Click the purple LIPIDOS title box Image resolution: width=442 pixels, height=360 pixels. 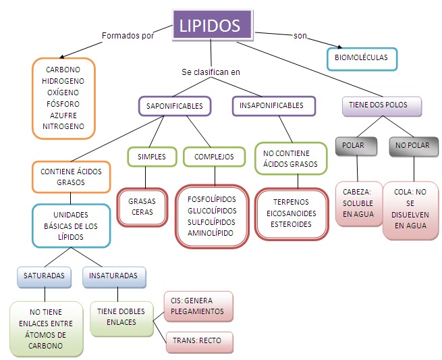(x=210, y=26)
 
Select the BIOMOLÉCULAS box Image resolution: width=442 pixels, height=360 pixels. (x=362, y=58)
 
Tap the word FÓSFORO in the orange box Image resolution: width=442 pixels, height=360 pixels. (x=63, y=104)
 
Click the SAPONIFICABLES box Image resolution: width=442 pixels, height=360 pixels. (x=175, y=105)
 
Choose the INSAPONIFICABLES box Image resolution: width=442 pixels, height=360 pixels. (x=271, y=105)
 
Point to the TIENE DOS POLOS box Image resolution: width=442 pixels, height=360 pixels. (x=382, y=105)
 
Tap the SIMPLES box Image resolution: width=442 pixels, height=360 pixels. (x=151, y=157)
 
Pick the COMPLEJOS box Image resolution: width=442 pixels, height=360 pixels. (x=214, y=157)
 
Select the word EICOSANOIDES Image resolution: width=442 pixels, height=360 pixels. (x=292, y=213)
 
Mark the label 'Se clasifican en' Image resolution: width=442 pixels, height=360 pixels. (x=211, y=72)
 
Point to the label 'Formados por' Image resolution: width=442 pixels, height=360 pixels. (x=128, y=36)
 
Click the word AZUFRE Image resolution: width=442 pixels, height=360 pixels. (x=63, y=115)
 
